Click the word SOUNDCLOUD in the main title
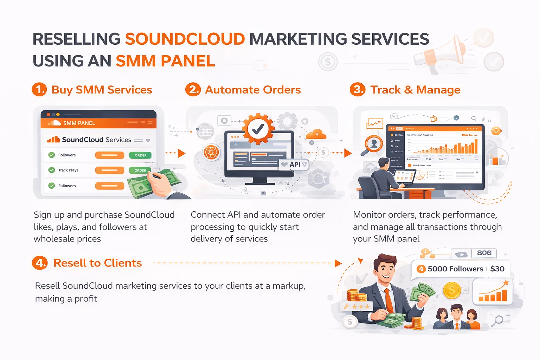point(185,39)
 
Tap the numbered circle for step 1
point(39,89)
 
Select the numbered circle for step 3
point(358,89)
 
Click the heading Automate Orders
point(253,90)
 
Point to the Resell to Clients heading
point(97,263)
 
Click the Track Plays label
point(68,170)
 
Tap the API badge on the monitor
point(295,165)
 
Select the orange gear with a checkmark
point(258,129)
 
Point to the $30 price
point(497,269)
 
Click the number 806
point(484,253)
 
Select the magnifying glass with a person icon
point(373,144)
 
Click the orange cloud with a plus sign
point(316,134)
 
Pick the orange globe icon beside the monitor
point(212,153)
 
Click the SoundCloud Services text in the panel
point(96,140)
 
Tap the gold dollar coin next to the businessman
point(452,290)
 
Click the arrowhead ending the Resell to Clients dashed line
point(338,263)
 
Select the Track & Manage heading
point(415,90)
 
